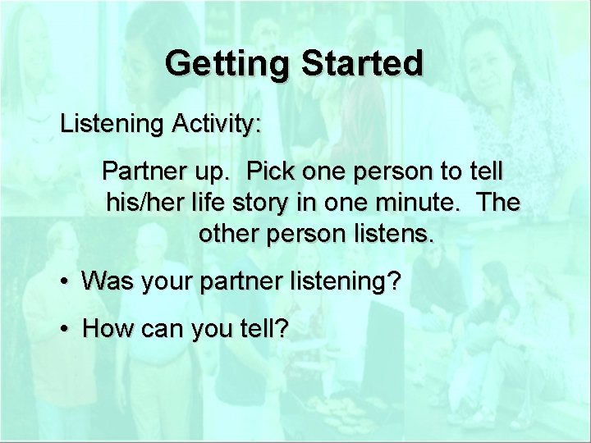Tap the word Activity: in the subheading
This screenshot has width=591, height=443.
pyautogui.click(x=216, y=126)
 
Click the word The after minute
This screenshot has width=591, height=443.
pyautogui.click(x=496, y=203)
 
